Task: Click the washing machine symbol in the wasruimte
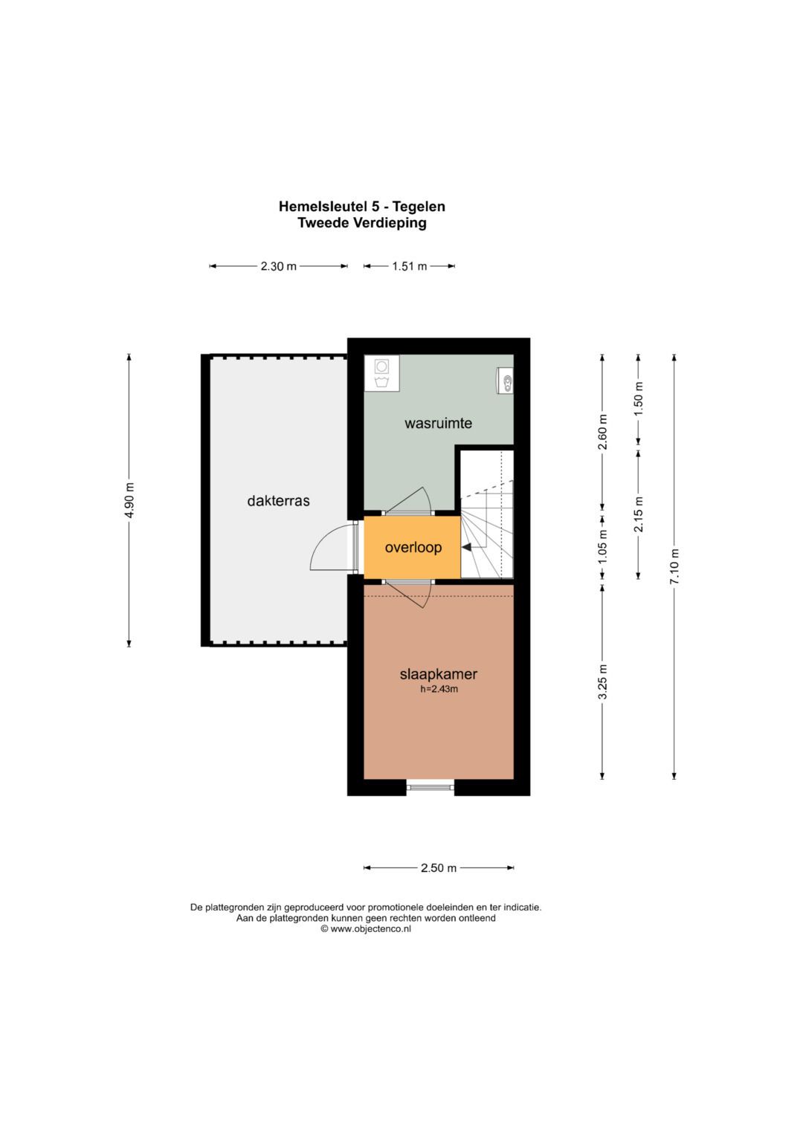[x=381, y=372]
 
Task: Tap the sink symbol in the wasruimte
[x=505, y=380]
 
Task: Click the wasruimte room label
[x=438, y=423]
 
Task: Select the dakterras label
[x=278, y=501]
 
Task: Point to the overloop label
[x=413, y=547]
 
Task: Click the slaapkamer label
[x=439, y=674]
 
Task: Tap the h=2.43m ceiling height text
[x=439, y=689]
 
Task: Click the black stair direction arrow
[x=466, y=547]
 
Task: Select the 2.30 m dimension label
[x=278, y=266]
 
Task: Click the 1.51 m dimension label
[x=409, y=266]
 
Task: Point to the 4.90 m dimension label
[x=130, y=500]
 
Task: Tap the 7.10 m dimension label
[x=675, y=566]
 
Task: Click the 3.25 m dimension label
[x=603, y=682]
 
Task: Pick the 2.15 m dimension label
[x=639, y=514]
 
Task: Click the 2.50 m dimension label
[x=439, y=868]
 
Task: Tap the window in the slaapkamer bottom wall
[x=430, y=787]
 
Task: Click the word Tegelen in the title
[x=419, y=207]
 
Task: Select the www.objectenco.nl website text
[x=370, y=929]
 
